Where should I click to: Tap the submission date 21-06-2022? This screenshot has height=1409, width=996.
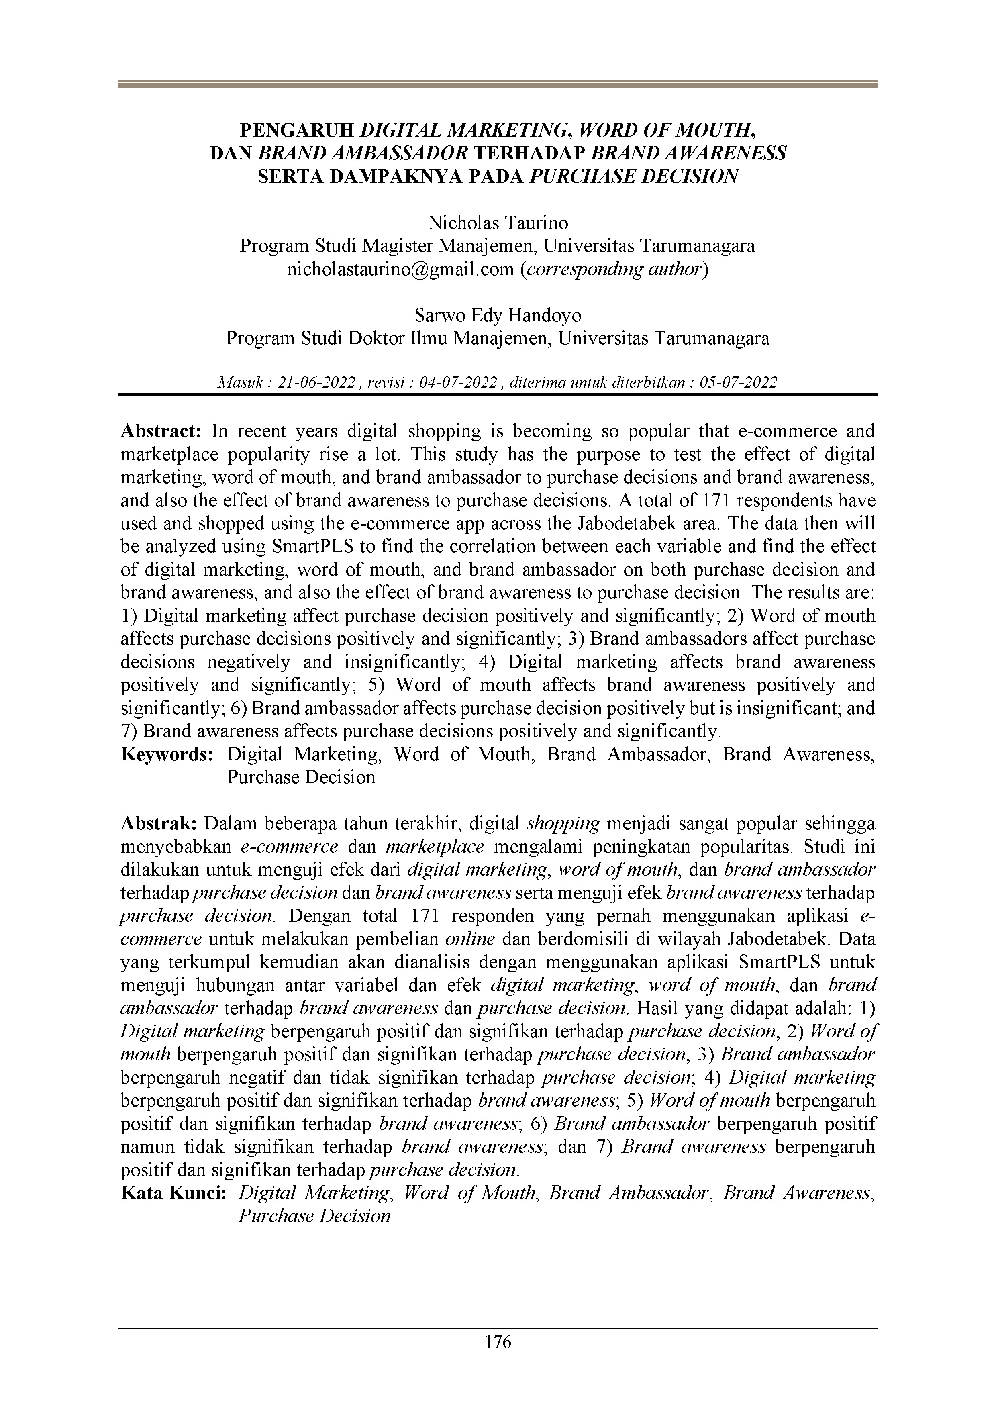tap(317, 383)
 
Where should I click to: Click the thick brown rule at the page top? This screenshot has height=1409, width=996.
tap(498, 85)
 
